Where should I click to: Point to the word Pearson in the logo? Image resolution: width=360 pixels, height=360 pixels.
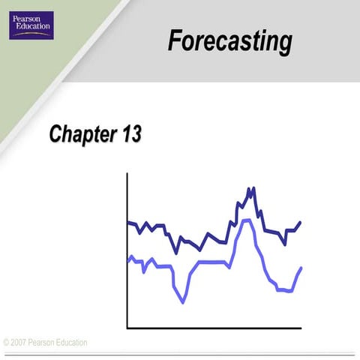click(x=30, y=21)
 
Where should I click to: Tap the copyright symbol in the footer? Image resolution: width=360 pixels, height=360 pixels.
click(x=6, y=343)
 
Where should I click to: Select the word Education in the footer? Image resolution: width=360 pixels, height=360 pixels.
click(x=70, y=343)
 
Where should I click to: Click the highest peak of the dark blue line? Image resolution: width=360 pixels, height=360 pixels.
click(x=250, y=188)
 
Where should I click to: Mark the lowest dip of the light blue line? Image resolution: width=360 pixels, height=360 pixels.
click(x=183, y=302)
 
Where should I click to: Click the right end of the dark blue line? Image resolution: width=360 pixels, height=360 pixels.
click(x=300, y=222)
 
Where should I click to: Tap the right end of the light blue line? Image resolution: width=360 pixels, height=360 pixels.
click(x=301, y=268)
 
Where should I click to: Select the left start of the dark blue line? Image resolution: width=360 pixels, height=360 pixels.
click(x=128, y=222)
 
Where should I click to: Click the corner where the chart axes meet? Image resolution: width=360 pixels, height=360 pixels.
click(x=127, y=328)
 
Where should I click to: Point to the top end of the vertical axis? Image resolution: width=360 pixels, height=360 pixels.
click(x=127, y=174)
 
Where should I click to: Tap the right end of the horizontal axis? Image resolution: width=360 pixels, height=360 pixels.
click(x=301, y=328)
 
